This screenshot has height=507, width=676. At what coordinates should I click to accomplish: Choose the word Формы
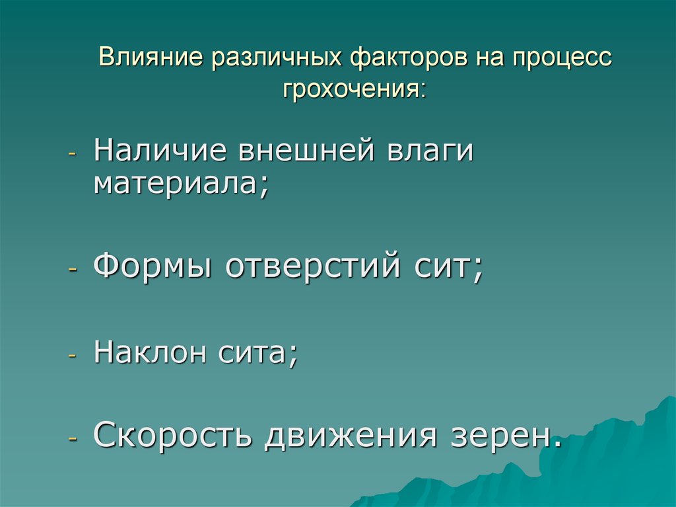tap(154, 267)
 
